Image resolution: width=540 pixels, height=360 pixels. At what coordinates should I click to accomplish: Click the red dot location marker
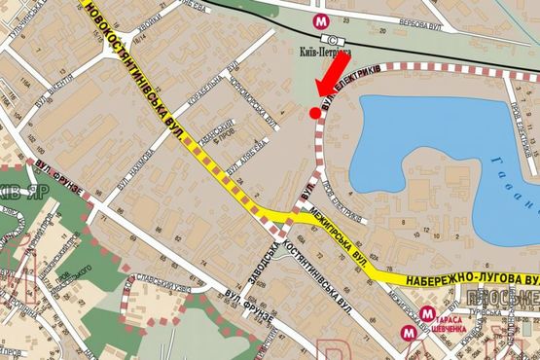pyautogui.click(x=313, y=114)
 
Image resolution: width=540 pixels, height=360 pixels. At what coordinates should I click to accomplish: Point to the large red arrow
pyautogui.click(x=330, y=78)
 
